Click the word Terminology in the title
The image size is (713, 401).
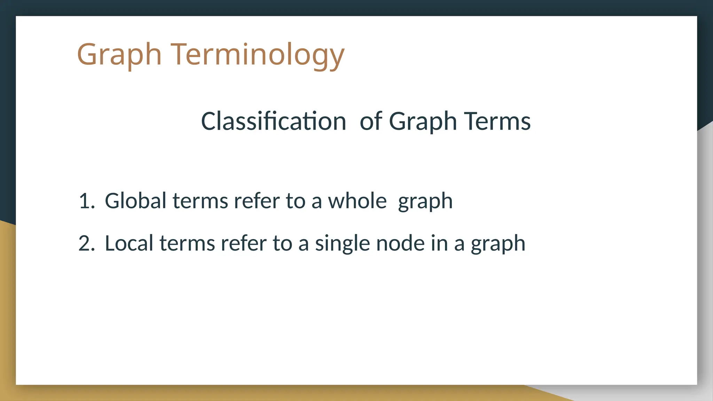pyautogui.click(x=257, y=55)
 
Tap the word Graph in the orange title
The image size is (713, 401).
pyautogui.click(x=119, y=55)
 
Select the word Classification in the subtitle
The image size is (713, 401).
pyautogui.click(x=273, y=121)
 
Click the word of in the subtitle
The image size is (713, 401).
pyautogui.click(x=371, y=121)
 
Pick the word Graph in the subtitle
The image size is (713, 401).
pyautogui.click(x=423, y=121)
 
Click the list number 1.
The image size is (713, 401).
pyautogui.click(x=86, y=201)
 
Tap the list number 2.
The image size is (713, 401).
pyautogui.click(x=86, y=243)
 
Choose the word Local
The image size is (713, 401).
pyautogui.click(x=129, y=243)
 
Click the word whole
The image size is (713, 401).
pyautogui.click(x=357, y=201)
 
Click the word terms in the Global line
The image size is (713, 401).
pyautogui.click(x=200, y=201)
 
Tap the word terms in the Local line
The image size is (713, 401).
pyautogui.click(x=187, y=243)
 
